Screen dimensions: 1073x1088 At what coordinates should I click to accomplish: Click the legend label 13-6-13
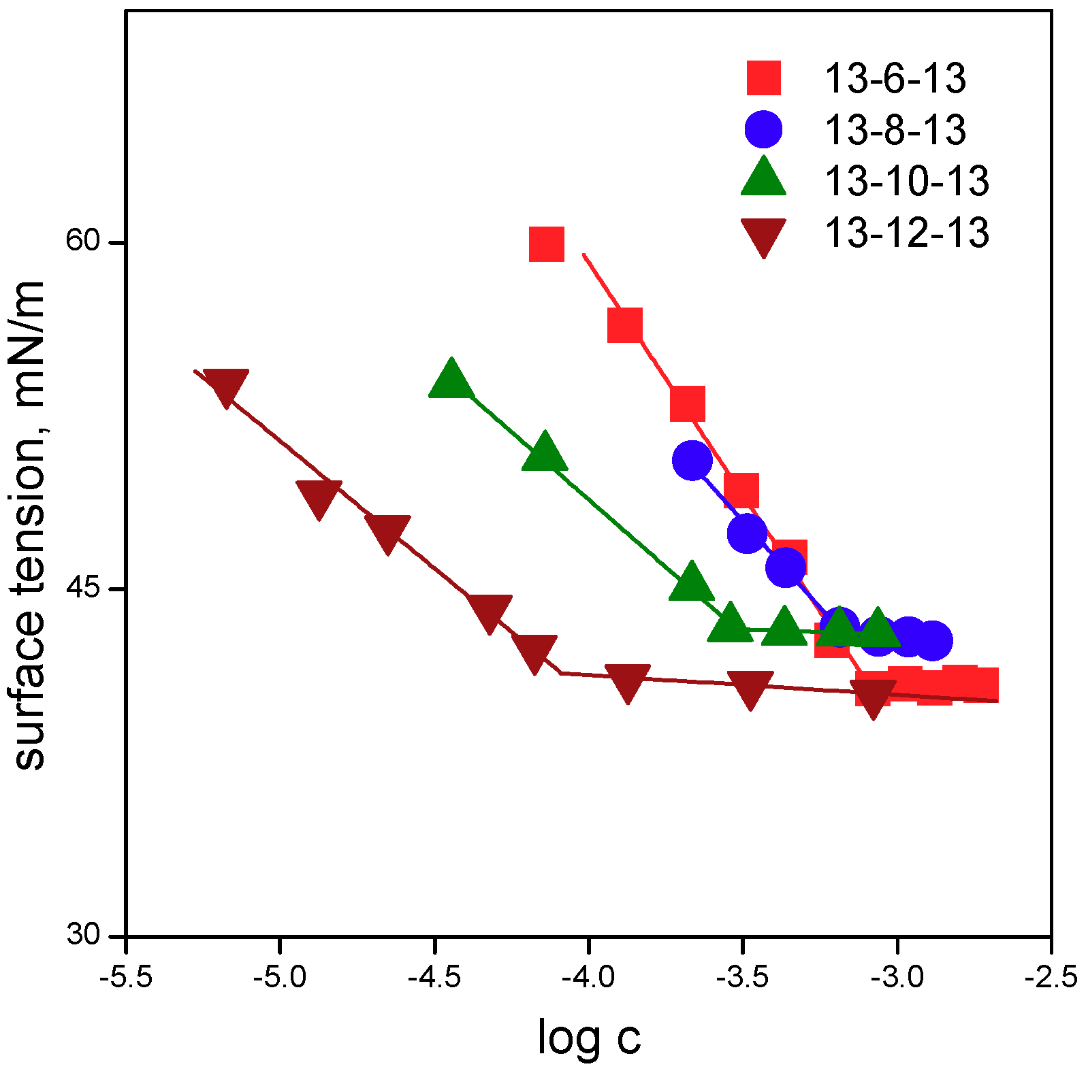(894, 78)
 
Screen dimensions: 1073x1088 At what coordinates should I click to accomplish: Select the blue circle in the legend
(763, 129)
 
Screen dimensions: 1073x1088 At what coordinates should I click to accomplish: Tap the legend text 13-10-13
(906, 181)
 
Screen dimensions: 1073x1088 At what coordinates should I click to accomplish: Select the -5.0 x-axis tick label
(279, 978)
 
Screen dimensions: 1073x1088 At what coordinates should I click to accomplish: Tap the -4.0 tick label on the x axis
(588, 978)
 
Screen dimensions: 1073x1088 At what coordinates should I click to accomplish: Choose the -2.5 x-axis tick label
(1051, 978)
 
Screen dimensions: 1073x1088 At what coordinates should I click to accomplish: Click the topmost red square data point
(546, 244)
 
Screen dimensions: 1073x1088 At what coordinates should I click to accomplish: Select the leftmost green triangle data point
(451, 379)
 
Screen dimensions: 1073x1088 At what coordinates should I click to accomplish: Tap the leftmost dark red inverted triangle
(225, 386)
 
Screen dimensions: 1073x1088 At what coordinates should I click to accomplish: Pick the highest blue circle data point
(692, 460)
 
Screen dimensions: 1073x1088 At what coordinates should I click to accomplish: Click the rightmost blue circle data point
(931, 640)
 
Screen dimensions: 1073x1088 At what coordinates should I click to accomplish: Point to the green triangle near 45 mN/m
(692, 582)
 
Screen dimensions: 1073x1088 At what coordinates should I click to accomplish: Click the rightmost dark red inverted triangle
(873, 696)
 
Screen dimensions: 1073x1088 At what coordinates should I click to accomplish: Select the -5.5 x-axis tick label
(125, 978)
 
